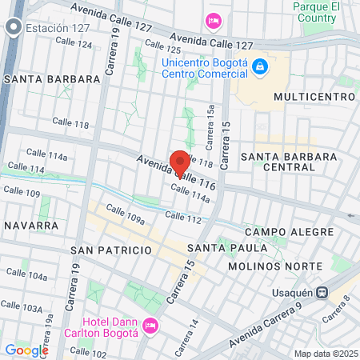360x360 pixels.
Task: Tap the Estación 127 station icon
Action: click(x=13, y=29)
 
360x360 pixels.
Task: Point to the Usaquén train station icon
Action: click(x=322, y=293)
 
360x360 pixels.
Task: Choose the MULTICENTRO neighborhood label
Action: click(x=314, y=97)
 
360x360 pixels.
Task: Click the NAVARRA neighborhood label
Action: click(x=31, y=226)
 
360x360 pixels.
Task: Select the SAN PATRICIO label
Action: click(x=111, y=250)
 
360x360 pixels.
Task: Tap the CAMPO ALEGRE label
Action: click(x=289, y=232)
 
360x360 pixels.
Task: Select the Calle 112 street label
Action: click(x=183, y=216)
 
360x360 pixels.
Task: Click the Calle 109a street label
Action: click(x=125, y=217)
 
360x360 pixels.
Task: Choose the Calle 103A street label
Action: click(x=22, y=307)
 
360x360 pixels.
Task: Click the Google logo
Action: click(x=26, y=350)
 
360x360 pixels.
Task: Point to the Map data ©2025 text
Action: click(x=324, y=354)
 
